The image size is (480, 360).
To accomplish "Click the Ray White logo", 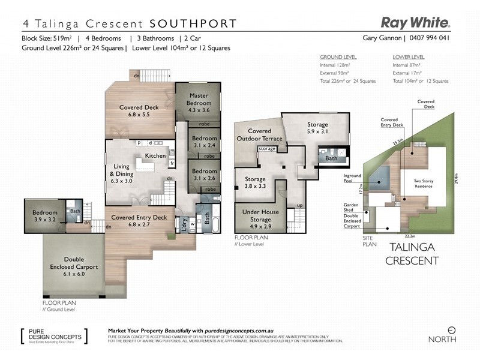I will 415,23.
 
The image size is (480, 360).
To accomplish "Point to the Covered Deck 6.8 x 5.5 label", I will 139,111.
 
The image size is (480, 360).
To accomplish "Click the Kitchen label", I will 155,156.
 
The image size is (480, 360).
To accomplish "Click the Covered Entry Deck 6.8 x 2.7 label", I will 139,221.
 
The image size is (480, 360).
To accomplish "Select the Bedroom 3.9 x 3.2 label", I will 45,216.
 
